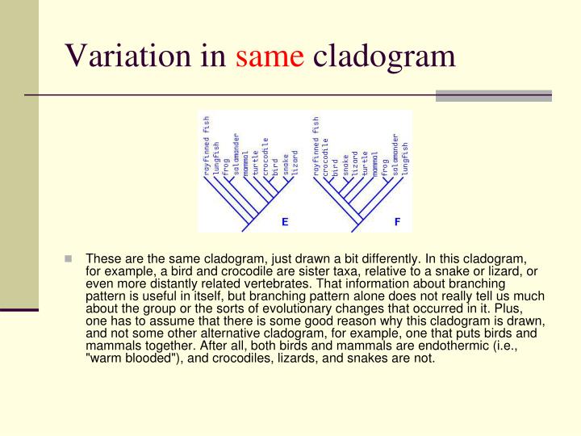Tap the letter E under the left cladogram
(284, 220)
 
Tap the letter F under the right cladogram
(396, 220)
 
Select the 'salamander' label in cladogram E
(236, 154)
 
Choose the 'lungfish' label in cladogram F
(405, 159)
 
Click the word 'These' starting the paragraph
(102, 259)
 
